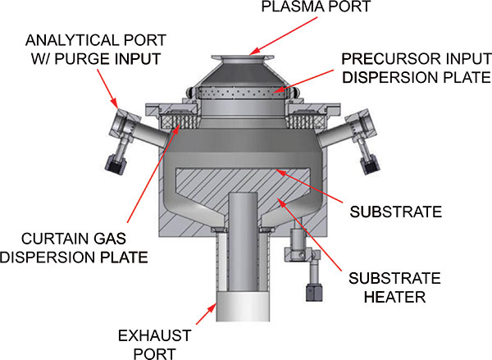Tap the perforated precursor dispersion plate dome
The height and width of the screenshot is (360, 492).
coord(246,90)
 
